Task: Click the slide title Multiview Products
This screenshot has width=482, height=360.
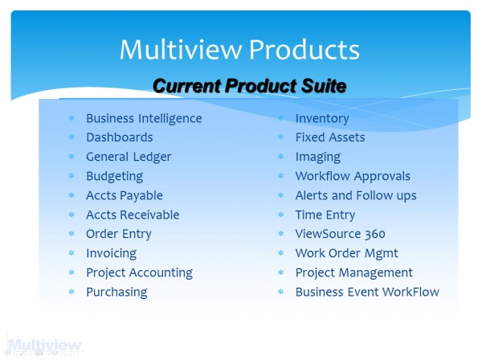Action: click(x=239, y=50)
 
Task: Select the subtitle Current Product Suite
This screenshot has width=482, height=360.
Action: click(x=249, y=85)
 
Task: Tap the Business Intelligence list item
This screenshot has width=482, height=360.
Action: click(x=144, y=119)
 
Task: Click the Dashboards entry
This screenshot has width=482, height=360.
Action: click(x=120, y=137)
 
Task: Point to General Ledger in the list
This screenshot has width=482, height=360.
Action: click(x=129, y=157)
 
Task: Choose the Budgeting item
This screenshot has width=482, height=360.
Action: click(x=115, y=177)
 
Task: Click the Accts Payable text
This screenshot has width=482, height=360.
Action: click(x=125, y=196)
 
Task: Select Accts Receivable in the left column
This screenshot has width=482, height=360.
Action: click(x=133, y=215)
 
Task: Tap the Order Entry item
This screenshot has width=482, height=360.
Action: click(x=119, y=235)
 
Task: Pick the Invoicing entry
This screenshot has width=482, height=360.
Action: click(x=112, y=254)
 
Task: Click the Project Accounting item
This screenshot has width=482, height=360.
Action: click(x=140, y=273)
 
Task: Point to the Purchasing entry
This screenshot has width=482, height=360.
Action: click(x=116, y=292)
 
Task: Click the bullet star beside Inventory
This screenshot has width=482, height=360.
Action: click(x=280, y=118)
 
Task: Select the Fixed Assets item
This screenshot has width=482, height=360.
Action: click(x=330, y=137)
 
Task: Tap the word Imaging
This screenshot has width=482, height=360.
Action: click(x=318, y=157)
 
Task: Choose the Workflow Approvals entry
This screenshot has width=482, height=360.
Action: click(x=353, y=177)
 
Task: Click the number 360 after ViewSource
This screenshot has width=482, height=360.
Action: click(x=375, y=235)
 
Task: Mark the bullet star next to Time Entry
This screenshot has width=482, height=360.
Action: click(x=280, y=215)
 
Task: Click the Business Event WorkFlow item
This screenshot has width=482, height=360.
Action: click(x=367, y=292)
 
